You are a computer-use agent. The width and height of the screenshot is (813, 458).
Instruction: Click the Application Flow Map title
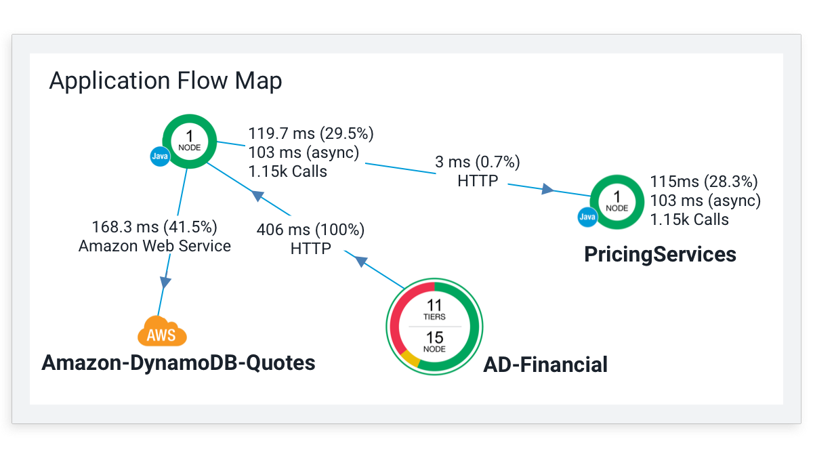tap(165, 81)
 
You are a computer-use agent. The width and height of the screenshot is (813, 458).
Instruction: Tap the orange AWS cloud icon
tap(162, 331)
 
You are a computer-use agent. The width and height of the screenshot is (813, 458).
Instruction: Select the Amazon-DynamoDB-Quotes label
tap(178, 363)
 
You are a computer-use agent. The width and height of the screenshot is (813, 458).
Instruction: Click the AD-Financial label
tap(545, 365)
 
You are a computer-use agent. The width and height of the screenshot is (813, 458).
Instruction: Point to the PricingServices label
tap(660, 254)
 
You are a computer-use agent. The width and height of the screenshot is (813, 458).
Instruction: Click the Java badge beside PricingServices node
tap(587, 217)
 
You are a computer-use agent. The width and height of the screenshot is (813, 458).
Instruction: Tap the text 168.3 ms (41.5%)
tap(154, 227)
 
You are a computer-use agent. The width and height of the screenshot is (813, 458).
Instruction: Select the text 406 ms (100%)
tap(310, 230)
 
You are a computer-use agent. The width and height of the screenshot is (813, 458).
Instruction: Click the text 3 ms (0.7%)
tap(477, 162)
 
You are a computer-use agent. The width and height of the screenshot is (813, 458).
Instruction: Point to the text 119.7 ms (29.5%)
tap(311, 133)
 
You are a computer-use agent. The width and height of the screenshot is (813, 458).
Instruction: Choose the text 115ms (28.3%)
tap(704, 182)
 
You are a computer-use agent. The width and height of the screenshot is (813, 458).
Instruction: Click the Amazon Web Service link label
tap(154, 246)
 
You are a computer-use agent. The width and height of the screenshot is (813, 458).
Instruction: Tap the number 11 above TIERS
tap(434, 305)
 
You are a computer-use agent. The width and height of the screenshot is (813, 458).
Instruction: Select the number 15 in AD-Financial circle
tap(434, 337)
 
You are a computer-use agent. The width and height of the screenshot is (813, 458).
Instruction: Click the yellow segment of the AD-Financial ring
tap(410, 359)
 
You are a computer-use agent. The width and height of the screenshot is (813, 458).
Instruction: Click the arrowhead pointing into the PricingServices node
tap(547, 189)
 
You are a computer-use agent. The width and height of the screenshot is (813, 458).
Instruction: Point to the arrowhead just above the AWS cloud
tap(165, 283)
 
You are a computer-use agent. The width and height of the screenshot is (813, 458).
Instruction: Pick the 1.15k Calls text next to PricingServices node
tap(689, 220)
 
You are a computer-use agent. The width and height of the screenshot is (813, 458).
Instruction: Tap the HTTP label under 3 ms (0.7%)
tap(478, 181)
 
